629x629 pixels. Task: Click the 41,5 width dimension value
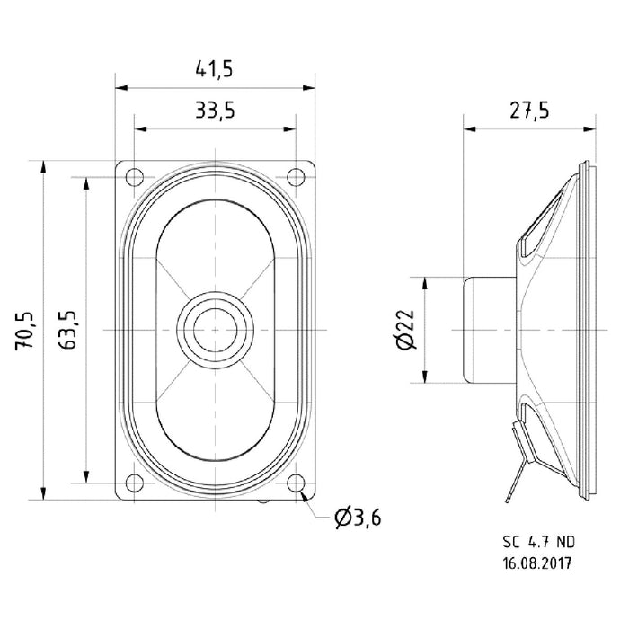click(x=217, y=69)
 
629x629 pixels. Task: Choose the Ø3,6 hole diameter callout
click(x=357, y=518)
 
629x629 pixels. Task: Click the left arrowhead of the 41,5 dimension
click(x=120, y=88)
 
